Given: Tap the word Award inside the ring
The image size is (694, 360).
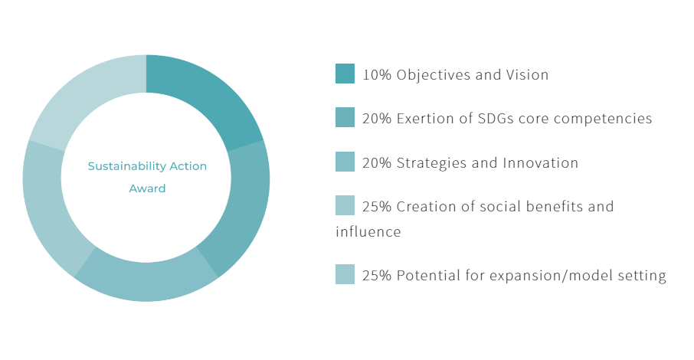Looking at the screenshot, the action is point(147,188).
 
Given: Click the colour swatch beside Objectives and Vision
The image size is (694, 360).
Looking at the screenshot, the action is point(345,74).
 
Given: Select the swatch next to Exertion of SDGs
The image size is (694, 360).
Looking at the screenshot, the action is point(345,117).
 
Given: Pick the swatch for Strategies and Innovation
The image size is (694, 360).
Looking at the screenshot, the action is point(345,162).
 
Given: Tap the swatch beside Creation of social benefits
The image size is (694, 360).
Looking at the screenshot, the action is point(345,205).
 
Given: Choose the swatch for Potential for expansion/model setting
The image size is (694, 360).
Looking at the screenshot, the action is point(345,274).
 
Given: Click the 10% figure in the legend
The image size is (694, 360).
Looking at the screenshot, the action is point(377,75).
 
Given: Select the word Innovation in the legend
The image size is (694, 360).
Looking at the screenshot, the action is point(541,163).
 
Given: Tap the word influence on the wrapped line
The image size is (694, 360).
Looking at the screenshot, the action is point(368,231).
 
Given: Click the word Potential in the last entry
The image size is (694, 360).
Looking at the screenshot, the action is point(428,276).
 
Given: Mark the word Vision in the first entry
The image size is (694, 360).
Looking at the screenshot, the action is point(527,75).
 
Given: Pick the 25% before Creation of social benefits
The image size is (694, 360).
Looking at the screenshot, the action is point(377,207).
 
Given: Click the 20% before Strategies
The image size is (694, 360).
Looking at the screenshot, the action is point(377,163).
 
